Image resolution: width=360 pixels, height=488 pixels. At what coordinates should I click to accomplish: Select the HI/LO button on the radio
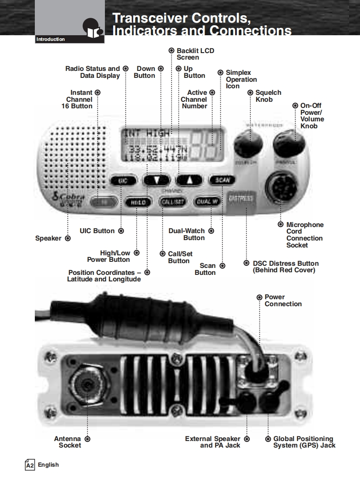138,202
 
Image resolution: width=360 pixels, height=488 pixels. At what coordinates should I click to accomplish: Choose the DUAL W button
208,201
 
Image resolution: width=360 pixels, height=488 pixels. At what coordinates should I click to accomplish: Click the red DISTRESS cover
242,200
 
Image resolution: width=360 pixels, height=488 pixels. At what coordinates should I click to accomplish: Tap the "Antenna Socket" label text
68,442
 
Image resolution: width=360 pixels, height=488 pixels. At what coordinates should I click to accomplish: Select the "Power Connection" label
283,301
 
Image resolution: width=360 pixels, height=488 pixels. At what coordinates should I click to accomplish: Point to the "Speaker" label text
48,238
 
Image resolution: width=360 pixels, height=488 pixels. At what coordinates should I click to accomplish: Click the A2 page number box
30,465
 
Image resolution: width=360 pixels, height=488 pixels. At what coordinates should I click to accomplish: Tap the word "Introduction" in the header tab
50,40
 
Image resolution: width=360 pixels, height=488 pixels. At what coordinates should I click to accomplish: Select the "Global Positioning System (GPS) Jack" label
304,442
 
